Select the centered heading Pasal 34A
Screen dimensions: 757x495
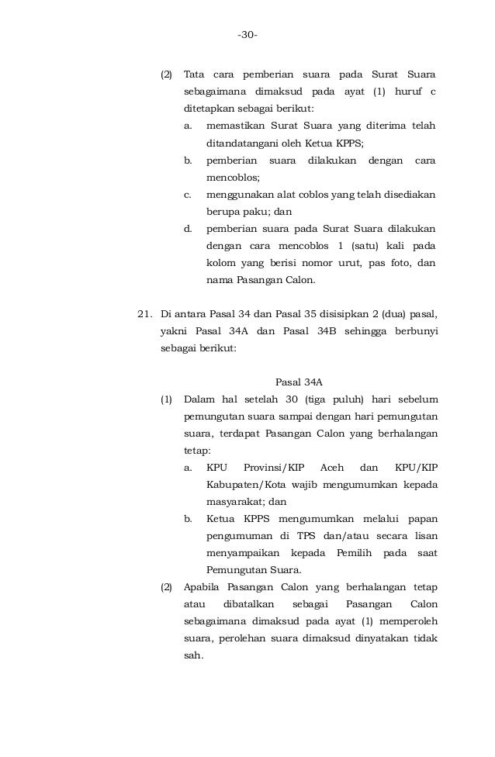[x=299, y=382]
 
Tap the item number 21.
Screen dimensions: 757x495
[x=144, y=314]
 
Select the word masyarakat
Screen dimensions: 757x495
[x=230, y=502]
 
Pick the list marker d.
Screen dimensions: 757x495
[x=188, y=229]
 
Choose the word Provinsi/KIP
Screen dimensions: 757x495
[x=275, y=468]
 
